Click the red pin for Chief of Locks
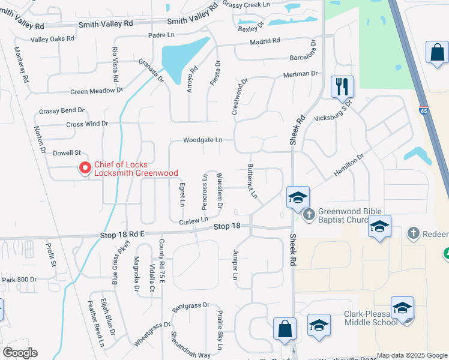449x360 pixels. [x=85, y=169]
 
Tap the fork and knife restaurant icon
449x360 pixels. [x=342, y=86]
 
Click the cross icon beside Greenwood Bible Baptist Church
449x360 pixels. [x=309, y=214]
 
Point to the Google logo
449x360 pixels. [x=20, y=353]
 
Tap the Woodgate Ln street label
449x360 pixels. [x=203, y=140]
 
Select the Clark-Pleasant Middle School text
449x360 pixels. [x=371, y=318]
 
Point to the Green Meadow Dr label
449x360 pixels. [x=96, y=91]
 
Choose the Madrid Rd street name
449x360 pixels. [x=265, y=41]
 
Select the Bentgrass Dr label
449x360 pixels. [x=190, y=306]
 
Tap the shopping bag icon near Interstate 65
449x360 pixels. [x=437, y=52]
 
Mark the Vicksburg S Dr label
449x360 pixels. [x=333, y=111]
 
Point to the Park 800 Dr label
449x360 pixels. [x=19, y=280]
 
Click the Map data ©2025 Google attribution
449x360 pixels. [x=412, y=355]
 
